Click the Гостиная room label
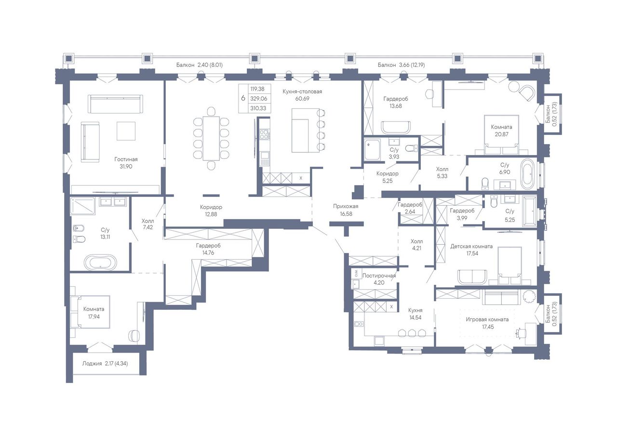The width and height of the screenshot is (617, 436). (x=126, y=159)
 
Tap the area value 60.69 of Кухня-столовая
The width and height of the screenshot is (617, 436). (x=302, y=99)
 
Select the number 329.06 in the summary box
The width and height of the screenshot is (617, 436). (x=259, y=99)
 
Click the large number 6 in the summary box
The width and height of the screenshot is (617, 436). (x=243, y=98)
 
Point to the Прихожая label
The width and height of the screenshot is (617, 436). (x=346, y=206)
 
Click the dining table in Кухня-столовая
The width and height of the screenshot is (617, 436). (x=211, y=138)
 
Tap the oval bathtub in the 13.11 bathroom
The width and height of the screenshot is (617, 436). (x=101, y=262)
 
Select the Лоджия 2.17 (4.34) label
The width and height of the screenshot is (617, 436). (x=105, y=364)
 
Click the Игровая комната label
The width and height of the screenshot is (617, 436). (x=487, y=319)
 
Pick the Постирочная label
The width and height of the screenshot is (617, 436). (x=379, y=276)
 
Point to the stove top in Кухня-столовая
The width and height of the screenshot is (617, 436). (x=264, y=134)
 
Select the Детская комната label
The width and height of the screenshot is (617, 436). (x=471, y=246)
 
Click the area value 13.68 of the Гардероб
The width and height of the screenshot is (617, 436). (x=396, y=106)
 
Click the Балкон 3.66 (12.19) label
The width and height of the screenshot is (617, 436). (x=402, y=65)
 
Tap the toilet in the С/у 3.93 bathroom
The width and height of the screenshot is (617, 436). (x=412, y=148)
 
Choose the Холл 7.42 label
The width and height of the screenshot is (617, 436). (x=148, y=224)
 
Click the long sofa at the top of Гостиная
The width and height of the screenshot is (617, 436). (x=115, y=104)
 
